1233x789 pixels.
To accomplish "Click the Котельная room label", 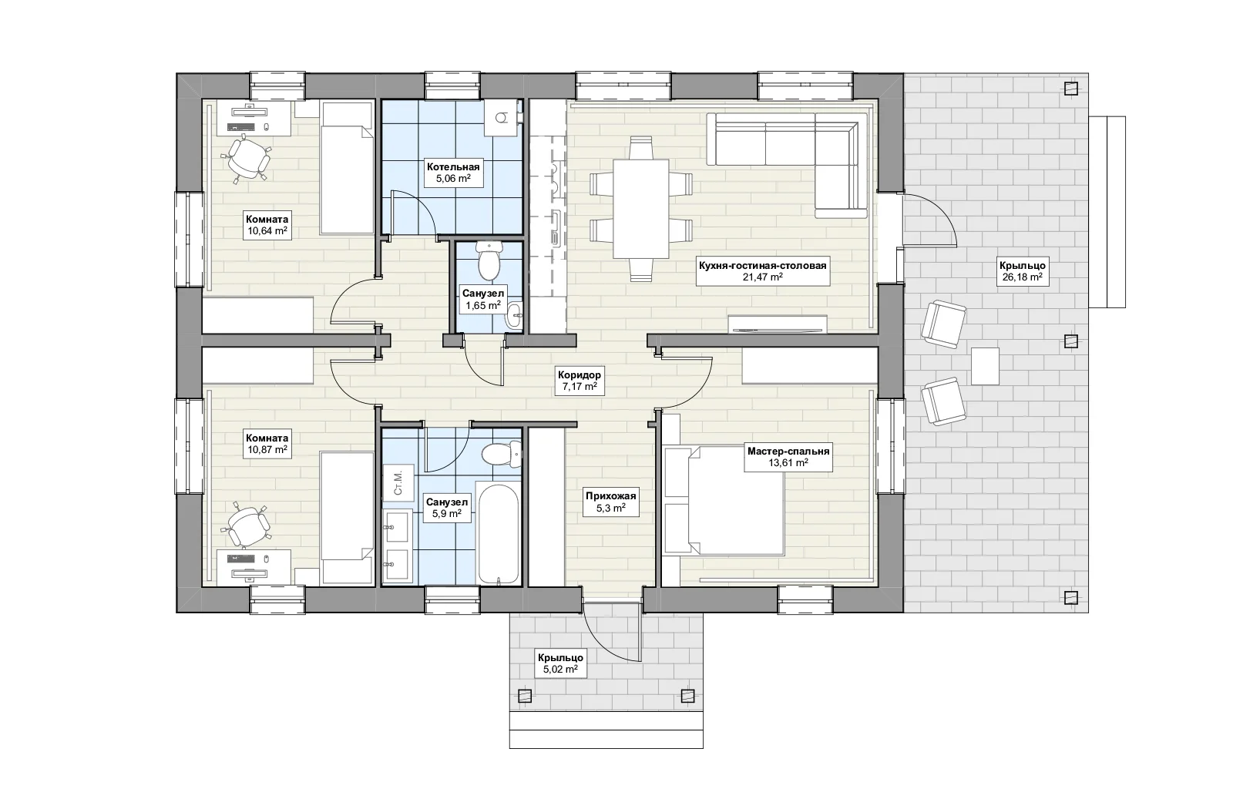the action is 453,166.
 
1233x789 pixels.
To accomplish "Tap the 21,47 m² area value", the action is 762,277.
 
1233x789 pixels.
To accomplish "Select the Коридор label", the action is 579,374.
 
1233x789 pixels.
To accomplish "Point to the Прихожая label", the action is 610,495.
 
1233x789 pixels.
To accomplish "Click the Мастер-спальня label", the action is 788,452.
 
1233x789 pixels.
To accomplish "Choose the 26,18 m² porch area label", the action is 1022,277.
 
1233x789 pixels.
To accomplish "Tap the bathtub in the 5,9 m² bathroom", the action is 498,533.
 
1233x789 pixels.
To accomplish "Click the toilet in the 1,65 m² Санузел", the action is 489,260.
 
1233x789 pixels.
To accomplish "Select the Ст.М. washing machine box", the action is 398,482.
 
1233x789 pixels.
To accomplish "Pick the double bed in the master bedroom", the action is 724,499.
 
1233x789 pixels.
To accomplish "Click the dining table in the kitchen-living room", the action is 640,209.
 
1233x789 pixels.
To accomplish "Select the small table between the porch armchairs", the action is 985,366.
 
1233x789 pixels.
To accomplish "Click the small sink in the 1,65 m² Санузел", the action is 514,315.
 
